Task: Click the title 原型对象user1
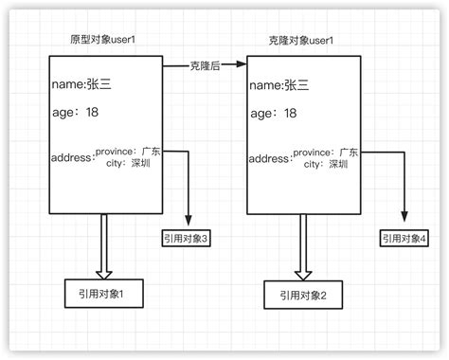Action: pyautogui.click(x=106, y=42)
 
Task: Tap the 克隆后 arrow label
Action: pyautogui.click(x=205, y=66)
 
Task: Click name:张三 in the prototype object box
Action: pyautogui.click(x=81, y=85)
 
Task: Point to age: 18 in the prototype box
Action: pyautogui.click(x=76, y=114)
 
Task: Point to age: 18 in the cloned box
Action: pyautogui.click(x=274, y=114)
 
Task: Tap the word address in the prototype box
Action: pyautogui.click(x=72, y=157)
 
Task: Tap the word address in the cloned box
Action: pyautogui.click(x=269, y=158)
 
